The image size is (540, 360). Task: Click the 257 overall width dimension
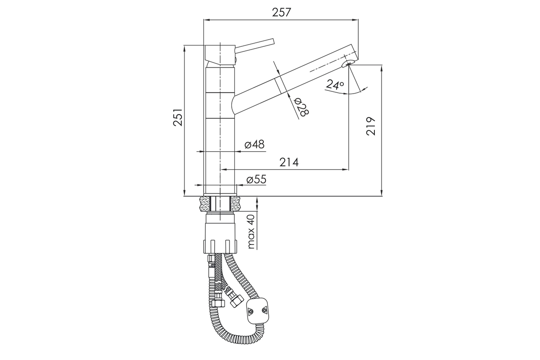[x=282, y=13]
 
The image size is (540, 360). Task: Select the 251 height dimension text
[x=178, y=117]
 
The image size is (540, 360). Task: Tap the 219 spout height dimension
[x=371, y=126]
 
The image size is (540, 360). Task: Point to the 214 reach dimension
[x=289, y=162]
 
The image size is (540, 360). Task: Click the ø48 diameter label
[x=255, y=144]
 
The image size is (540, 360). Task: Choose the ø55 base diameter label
[x=256, y=180]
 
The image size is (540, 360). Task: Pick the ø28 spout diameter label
[x=301, y=107]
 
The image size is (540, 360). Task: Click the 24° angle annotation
[x=335, y=85]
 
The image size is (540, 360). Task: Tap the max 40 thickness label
[x=251, y=231]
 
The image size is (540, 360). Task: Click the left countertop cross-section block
[x=204, y=204]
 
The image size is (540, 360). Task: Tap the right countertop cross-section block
[x=235, y=204]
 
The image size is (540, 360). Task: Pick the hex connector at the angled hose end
[x=235, y=301]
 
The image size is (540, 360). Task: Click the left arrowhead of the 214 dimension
[x=224, y=170]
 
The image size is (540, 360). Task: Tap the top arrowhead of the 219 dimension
[x=382, y=69]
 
